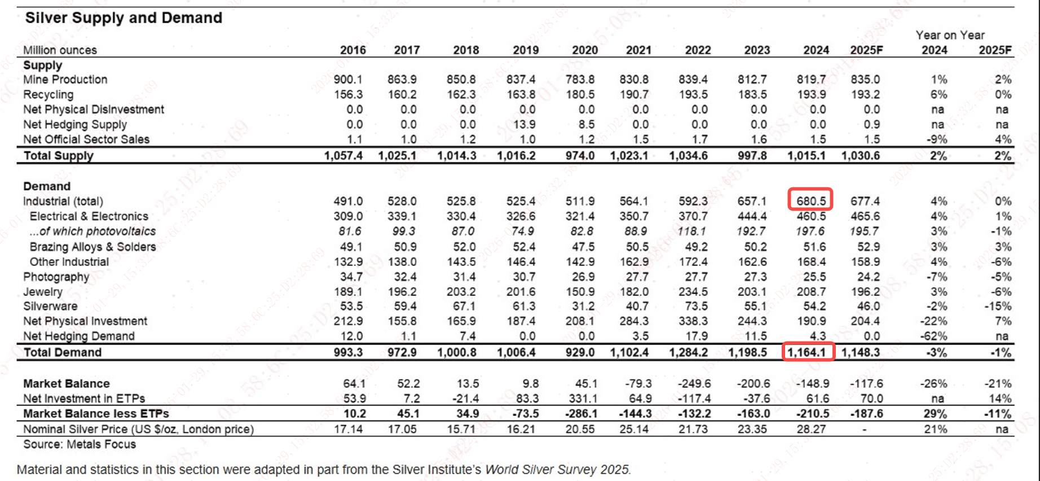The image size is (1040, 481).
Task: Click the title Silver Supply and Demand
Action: coord(124,18)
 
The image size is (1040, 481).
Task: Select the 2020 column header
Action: coord(585,50)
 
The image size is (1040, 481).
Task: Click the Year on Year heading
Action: coord(950,35)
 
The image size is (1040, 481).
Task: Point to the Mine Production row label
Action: coord(65,80)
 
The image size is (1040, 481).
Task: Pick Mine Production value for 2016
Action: coord(348,80)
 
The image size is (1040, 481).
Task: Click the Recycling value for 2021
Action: coord(634,94)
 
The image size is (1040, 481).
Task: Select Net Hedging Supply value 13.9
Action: coord(525,124)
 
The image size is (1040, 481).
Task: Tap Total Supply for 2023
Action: coord(752,155)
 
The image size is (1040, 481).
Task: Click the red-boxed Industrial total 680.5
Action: coord(811,201)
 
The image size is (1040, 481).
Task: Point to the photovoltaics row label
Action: coord(92,231)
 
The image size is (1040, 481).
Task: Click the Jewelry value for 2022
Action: coord(693,292)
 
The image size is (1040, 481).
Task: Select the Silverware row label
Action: coord(50,307)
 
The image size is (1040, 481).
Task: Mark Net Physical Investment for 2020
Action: coord(580,321)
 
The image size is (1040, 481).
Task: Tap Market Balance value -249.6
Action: coord(694,384)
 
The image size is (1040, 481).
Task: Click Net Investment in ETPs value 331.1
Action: coord(583,399)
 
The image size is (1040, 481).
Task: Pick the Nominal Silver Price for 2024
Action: coord(811,429)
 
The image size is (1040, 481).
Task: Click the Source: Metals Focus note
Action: coord(80,444)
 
